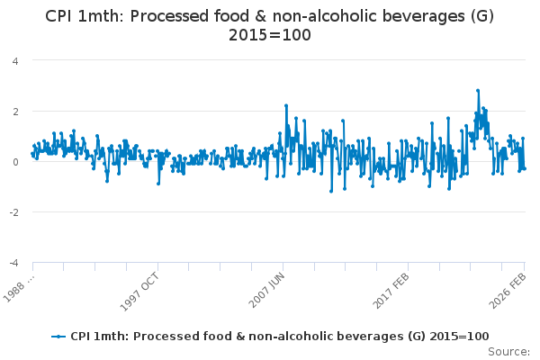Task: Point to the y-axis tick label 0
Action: coord(15,162)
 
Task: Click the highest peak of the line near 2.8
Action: coord(478,91)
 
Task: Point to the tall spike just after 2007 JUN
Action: coord(285,105)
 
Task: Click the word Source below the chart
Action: coord(509,351)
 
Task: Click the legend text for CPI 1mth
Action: coord(280,336)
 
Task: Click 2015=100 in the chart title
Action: coord(269,35)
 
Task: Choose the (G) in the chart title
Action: coord(469,15)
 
